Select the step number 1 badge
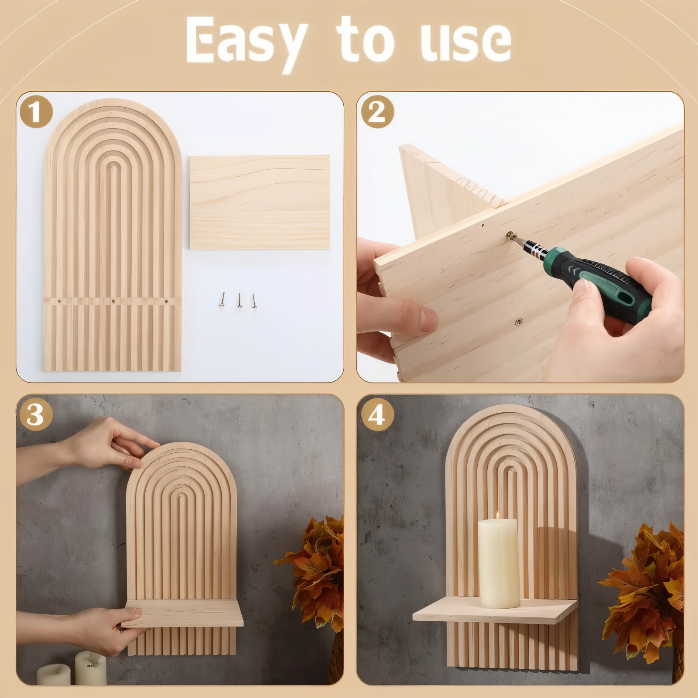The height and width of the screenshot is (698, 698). tap(36, 112)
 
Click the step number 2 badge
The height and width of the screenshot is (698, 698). tap(377, 112)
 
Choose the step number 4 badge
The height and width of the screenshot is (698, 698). tap(377, 414)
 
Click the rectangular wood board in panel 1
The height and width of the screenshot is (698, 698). tap(260, 202)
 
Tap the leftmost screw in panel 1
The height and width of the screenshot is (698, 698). tap(222, 300)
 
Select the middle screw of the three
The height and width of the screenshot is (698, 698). tap(239, 300)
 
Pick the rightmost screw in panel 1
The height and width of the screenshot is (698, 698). tap(253, 300)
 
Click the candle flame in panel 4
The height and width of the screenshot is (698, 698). tap(497, 516)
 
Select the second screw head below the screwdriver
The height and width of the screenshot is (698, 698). tap(518, 322)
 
